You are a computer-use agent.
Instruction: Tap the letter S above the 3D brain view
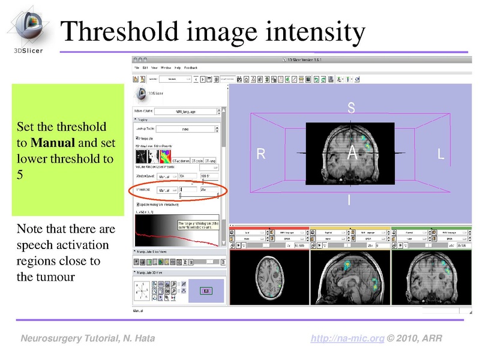tap(352, 108)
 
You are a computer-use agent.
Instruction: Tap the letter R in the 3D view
tap(261, 154)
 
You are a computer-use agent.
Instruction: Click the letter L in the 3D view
tap(441, 154)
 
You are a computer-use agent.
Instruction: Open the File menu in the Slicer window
tap(137, 68)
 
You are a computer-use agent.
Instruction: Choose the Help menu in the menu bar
tap(177, 68)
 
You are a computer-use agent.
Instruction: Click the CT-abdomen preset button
tap(181, 161)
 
